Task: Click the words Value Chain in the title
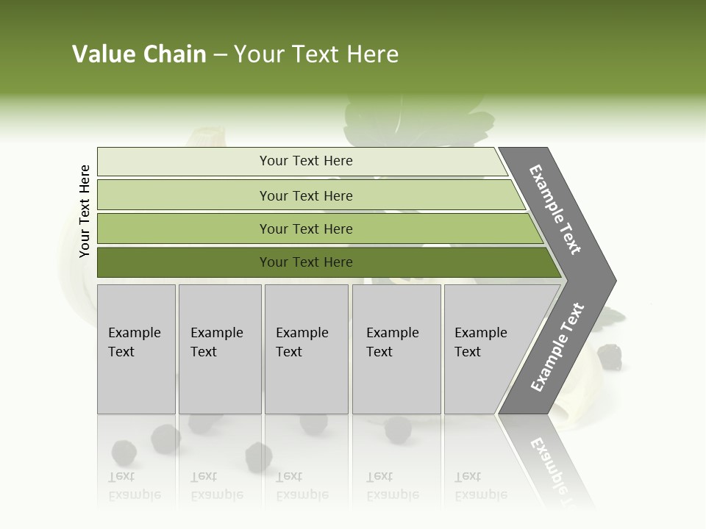click(x=139, y=54)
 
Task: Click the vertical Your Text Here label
click(x=85, y=211)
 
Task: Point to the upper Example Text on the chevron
click(x=555, y=209)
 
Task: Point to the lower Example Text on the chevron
click(x=557, y=348)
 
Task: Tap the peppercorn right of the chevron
click(x=610, y=357)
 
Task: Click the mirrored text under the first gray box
click(x=135, y=486)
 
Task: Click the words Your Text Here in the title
click(x=316, y=54)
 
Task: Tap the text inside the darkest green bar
click(x=306, y=262)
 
